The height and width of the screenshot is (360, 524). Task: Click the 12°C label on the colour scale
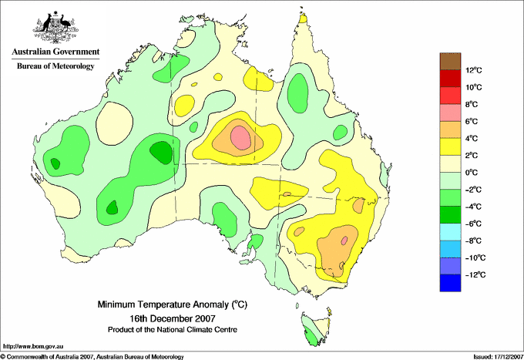pyautogui.click(x=474, y=70)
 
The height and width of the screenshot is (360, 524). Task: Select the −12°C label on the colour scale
pyautogui.click(x=475, y=274)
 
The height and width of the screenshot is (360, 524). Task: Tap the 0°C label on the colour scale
pyautogui.click(x=472, y=173)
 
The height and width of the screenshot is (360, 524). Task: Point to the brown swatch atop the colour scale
pyautogui.click(x=450, y=61)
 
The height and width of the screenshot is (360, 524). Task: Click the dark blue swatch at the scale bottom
pyautogui.click(x=450, y=283)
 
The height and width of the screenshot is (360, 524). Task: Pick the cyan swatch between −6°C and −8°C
pyautogui.click(x=450, y=232)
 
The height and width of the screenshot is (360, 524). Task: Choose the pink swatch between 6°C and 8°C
pyautogui.click(x=450, y=113)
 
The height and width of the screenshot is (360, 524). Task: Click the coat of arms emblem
pyautogui.click(x=55, y=28)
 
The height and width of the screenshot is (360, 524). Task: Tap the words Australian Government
pyautogui.click(x=55, y=52)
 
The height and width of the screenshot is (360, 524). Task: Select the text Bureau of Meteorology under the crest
pyautogui.click(x=55, y=66)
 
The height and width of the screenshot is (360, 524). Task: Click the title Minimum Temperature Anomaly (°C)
pyautogui.click(x=173, y=304)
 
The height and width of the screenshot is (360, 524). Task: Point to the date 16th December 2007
pyautogui.click(x=173, y=318)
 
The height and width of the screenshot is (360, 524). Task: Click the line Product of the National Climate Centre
pyautogui.click(x=173, y=330)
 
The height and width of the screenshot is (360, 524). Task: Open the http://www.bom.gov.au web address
pyautogui.click(x=33, y=346)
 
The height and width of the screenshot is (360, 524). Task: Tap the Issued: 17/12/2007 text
pyautogui.click(x=499, y=357)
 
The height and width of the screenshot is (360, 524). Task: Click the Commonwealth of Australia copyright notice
pyautogui.click(x=92, y=357)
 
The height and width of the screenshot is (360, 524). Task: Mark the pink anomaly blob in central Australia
pyautogui.click(x=240, y=138)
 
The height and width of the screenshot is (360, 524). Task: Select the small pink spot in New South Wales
pyautogui.click(x=344, y=240)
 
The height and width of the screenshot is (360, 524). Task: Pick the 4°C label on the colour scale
pyautogui.click(x=472, y=139)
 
